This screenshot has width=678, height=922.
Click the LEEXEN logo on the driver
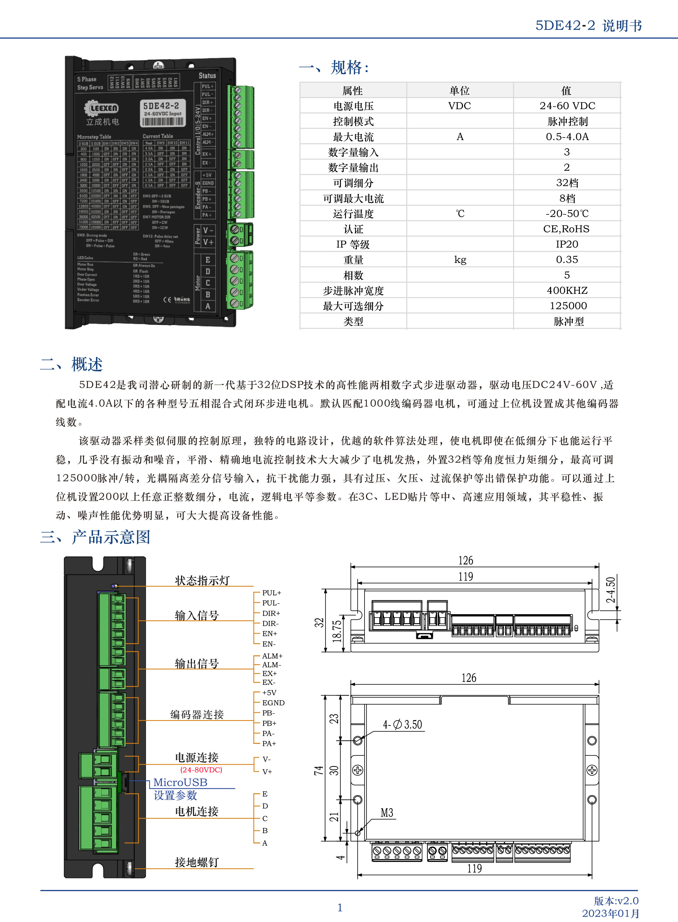(102, 108)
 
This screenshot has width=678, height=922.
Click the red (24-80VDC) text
(201, 770)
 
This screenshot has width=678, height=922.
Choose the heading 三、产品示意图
(95, 537)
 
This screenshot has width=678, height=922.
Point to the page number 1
(340, 907)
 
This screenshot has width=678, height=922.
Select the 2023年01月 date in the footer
(611, 913)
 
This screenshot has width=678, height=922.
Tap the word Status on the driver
(207, 76)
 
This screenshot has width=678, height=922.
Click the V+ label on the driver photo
(208, 242)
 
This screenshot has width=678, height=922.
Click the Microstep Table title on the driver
(94, 137)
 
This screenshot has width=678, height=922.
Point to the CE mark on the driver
(167, 299)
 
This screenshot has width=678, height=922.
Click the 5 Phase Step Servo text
(90, 83)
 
